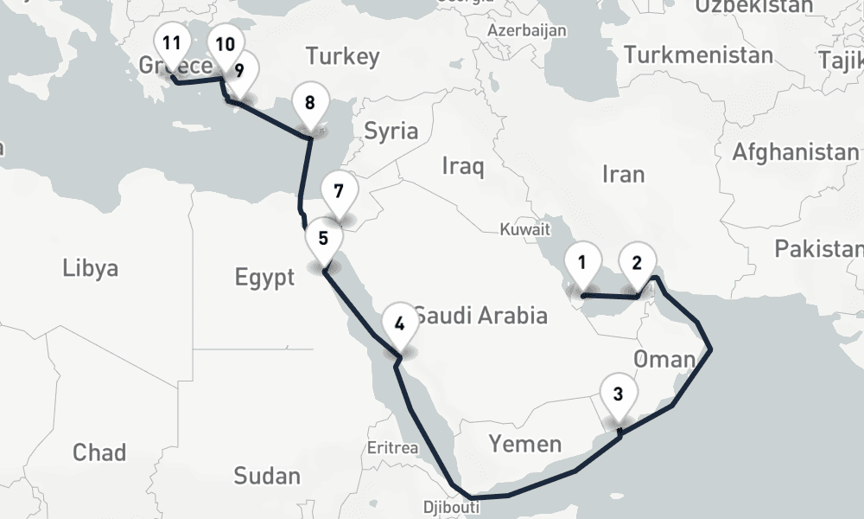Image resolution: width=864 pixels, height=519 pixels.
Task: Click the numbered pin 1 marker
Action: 582,263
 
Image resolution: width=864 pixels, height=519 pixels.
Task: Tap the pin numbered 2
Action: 637,262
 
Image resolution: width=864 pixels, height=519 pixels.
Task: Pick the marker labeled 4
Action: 399,324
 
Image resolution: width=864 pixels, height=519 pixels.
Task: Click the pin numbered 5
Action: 323,239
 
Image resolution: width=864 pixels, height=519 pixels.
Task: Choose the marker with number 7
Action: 338,191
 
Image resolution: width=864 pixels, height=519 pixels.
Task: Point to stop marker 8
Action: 309,103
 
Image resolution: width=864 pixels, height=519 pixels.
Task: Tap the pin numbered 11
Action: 172,44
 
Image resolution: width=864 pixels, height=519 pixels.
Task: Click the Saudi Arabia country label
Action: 480,315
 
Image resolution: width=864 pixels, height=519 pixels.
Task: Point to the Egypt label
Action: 265,278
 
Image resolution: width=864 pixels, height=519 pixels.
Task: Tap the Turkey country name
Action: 342,57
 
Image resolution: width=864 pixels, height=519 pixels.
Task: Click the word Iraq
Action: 463,165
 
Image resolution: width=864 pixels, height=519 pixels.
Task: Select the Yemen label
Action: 524,445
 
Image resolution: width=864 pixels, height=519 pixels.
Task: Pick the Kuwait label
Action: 524,230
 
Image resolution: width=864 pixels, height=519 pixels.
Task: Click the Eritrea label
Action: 392,448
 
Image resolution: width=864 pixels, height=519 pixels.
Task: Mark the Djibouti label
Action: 447,506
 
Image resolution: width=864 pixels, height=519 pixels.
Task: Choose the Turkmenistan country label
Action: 698,56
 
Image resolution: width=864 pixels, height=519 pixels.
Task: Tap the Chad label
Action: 98,452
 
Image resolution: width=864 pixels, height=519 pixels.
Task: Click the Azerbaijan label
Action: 527,31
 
